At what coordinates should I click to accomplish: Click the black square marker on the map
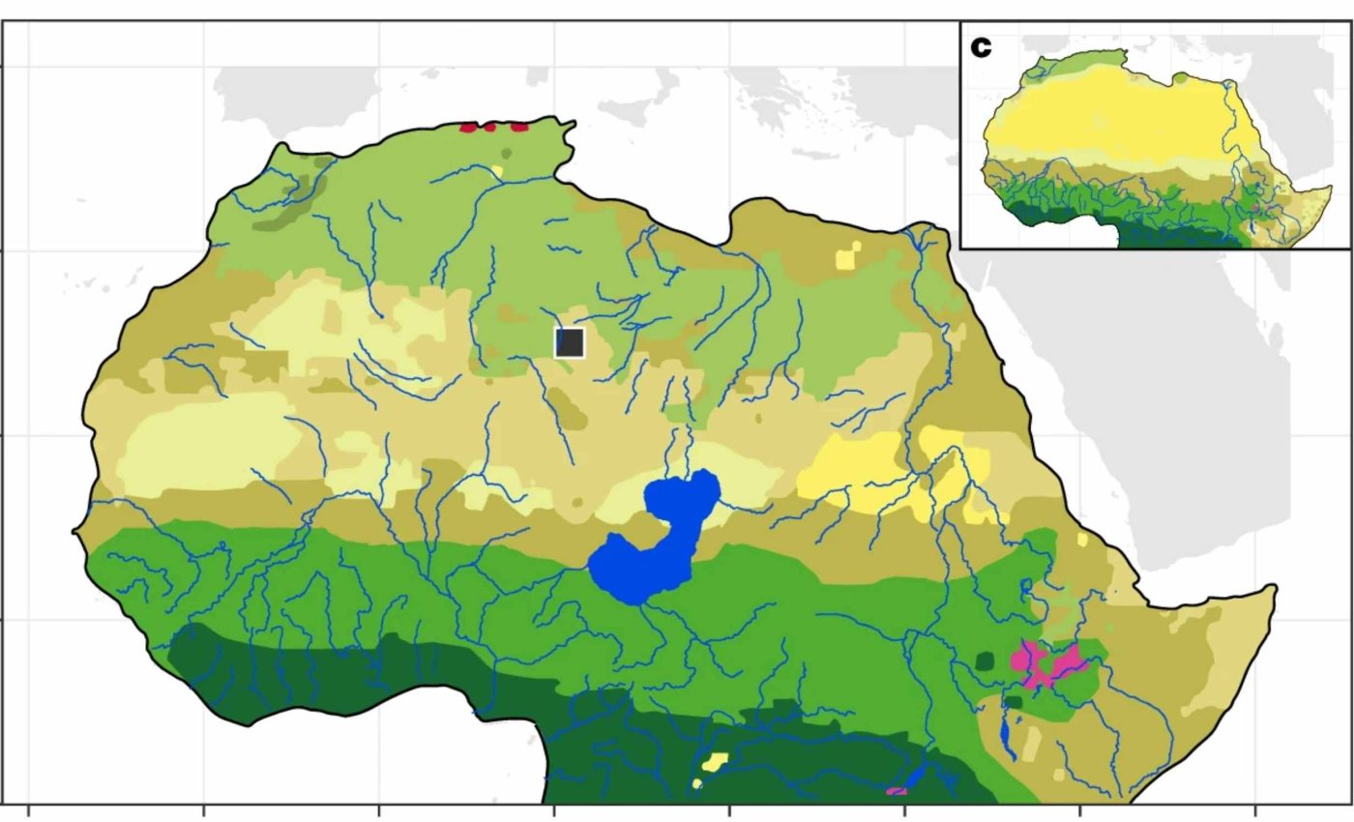tap(570, 342)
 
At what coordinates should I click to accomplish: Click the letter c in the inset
tap(981, 47)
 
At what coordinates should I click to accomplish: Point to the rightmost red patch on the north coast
tap(520, 126)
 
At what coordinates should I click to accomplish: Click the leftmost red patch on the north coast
tap(469, 127)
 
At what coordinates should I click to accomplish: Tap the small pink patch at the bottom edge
tap(897, 791)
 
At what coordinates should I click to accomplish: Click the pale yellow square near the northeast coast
tap(847, 256)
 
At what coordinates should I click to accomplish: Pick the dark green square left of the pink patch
tap(985, 661)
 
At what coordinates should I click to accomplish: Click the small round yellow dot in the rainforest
tap(696, 783)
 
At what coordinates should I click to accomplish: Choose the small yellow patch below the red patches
tap(497, 171)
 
